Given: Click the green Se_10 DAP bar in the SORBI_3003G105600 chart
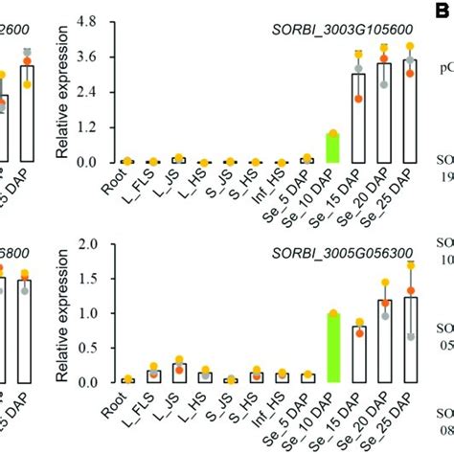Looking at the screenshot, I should pyautogui.click(x=333, y=148).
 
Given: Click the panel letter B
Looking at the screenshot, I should pyautogui.click(x=443, y=11).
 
